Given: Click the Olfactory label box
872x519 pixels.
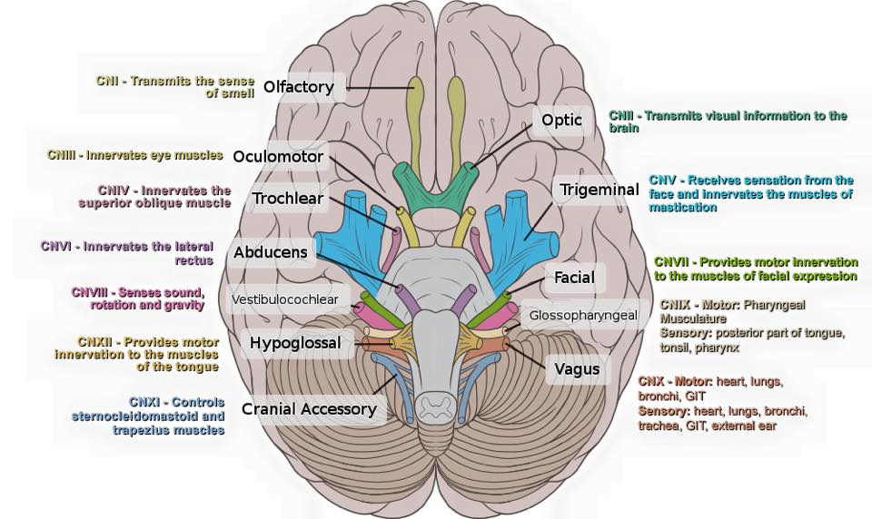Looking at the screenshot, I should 299,88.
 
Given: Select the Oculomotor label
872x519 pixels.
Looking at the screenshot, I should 278,156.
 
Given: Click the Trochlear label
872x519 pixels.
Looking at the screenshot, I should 288,198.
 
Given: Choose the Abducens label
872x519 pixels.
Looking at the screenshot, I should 270,253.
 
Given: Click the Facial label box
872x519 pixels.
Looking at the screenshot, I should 574,277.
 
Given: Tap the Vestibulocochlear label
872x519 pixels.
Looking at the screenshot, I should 284,299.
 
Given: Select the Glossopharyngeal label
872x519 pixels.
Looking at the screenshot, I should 584,316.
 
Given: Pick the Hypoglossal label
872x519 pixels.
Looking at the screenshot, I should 295,343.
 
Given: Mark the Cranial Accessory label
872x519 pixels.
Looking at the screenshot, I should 309,409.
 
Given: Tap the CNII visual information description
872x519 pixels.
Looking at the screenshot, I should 727,122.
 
